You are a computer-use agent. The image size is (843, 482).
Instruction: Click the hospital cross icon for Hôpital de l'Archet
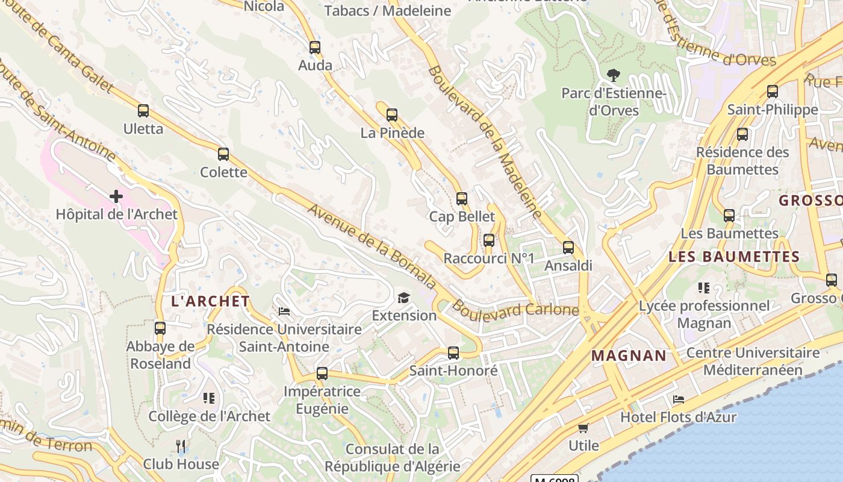(116, 196)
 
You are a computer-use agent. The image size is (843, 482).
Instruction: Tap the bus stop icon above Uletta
(143, 111)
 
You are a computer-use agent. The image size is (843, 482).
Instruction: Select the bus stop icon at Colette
(223, 154)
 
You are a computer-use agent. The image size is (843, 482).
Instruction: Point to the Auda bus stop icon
(315, 48)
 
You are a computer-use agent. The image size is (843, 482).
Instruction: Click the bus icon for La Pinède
(392, 114)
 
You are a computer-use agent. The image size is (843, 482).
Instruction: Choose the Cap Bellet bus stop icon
(462, 198)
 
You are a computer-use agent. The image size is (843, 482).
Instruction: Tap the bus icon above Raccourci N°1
(489, 240)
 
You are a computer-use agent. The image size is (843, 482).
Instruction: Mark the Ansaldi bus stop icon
(568, 248)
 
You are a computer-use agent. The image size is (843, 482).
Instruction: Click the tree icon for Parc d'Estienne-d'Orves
(614, 75)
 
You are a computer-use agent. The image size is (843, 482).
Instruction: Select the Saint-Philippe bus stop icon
(773, 92)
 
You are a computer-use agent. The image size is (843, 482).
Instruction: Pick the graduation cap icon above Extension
(403, 298)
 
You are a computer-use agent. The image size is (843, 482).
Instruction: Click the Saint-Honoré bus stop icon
(453, 352)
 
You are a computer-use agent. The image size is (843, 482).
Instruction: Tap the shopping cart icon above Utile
(583, 428)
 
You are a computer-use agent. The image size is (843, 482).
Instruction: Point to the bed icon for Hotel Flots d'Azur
(679, 399)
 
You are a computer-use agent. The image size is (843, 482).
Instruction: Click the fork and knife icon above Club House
(181, 446)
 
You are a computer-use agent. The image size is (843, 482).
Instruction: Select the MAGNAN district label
(629, 355)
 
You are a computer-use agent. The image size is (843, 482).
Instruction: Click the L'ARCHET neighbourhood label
(211, 301)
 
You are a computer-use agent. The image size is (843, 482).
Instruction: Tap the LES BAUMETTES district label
(734, 257)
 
